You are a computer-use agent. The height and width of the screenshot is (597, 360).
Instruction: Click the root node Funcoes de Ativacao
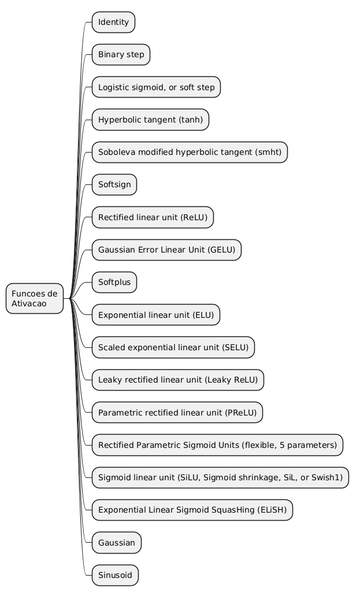34,298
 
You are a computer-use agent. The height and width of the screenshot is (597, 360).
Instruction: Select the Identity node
113,23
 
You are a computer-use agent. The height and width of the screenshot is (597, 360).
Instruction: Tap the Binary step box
121,55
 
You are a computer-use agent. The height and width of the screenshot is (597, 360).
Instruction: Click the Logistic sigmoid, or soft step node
156,87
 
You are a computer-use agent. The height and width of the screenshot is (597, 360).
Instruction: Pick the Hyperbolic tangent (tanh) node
150,120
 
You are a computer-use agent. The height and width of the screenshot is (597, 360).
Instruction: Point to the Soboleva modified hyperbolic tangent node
190,153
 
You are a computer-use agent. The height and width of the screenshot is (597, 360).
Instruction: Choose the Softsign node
114,185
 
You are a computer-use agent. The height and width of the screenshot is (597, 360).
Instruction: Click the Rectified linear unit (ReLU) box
153,217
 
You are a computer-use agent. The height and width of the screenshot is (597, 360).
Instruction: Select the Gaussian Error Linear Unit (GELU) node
166,250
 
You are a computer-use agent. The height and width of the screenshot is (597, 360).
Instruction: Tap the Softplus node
114,283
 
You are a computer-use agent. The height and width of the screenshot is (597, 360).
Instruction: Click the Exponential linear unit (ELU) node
156,315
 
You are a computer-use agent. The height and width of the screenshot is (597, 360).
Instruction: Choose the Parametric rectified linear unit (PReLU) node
177,413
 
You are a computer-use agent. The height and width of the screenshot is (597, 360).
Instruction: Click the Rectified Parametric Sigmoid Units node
217,445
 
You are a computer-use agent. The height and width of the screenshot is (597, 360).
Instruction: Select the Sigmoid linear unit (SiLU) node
220,477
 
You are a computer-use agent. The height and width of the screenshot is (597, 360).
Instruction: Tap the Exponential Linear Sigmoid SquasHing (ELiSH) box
192,510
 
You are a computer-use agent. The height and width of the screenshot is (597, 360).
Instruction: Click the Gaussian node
116,543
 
